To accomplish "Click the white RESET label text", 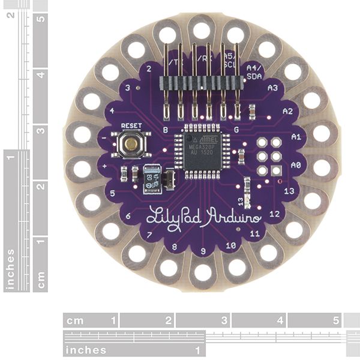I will coord(131,126).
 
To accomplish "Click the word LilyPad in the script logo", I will coord(169,215).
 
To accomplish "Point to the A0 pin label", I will coord(295,164).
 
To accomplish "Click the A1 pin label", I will coord(295,137).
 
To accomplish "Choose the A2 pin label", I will coord(287,111).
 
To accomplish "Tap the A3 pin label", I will coord(272,88).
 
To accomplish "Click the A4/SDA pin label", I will coord(254,73).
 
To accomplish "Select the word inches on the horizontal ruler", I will coord(86,350).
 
